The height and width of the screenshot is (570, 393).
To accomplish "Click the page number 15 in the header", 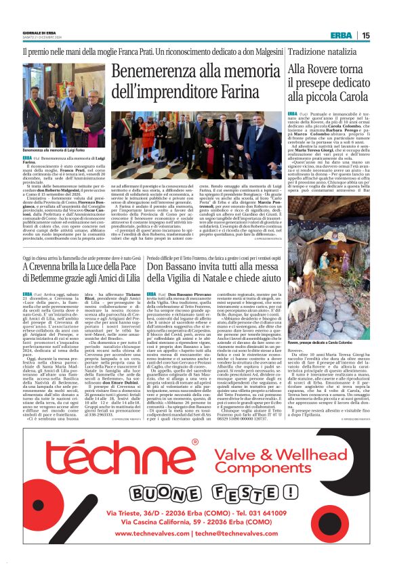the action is [365, 36].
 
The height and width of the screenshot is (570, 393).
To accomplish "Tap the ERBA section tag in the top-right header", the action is [341, 36].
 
